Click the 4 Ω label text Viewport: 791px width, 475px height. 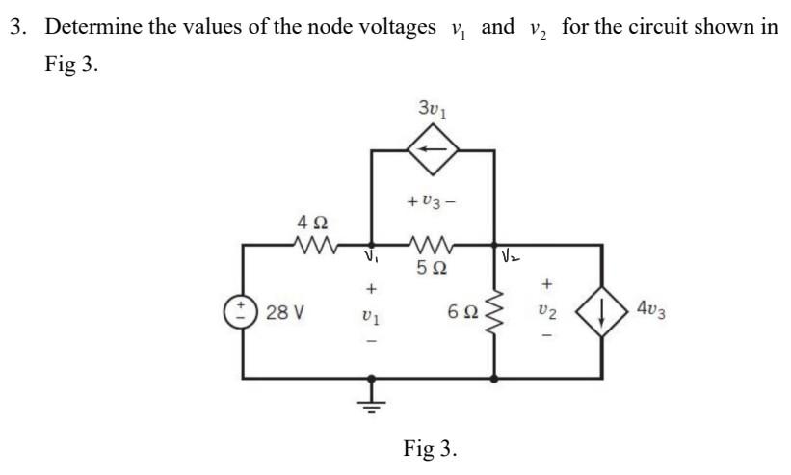pyautogui.click(x=313, y=221)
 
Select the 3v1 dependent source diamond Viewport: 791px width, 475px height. pyautogui.click(x=433, y=150)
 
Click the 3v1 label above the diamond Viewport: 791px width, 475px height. pyautogui.click(x=433, y=107)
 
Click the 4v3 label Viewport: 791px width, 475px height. pyautogui.click(x=656, y=310)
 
